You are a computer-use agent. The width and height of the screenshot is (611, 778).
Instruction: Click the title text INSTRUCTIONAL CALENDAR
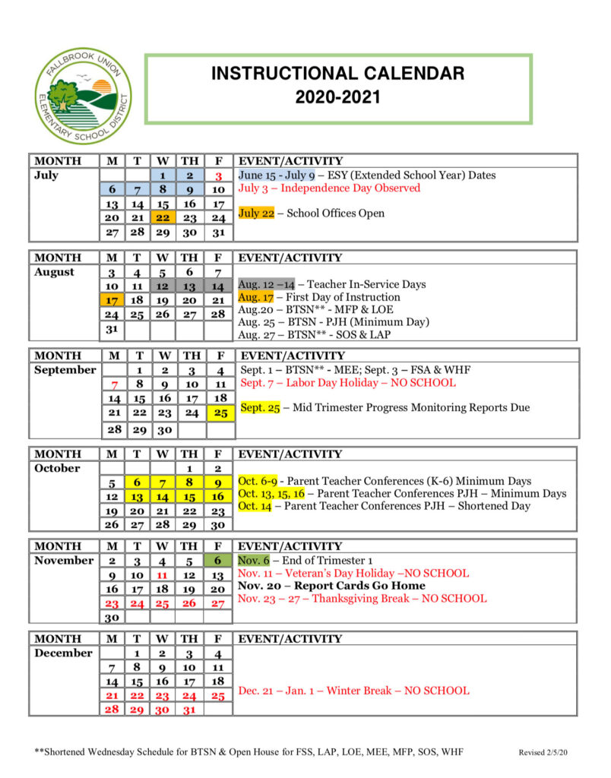[x=337, y=74]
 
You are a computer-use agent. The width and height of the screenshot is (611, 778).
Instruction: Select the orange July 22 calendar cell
[x=163, y=217]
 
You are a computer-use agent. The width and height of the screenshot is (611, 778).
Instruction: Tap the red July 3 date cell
[x=217, y=176]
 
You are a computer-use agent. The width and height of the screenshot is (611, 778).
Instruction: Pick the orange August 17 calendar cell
[x=112, y=300]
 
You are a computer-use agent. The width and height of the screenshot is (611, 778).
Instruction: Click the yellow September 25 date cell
[x=220, y=413]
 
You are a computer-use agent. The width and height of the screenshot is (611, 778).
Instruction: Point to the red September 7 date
[x=114, y=384]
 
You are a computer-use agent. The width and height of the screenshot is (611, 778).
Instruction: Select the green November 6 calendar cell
[x=217, y=561]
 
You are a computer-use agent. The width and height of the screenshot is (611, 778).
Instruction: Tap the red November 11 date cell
[x=163, y=574]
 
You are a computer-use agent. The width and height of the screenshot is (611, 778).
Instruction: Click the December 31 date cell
[x=190, y=709]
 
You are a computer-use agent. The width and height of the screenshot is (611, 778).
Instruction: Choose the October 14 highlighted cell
[x=163, y=496]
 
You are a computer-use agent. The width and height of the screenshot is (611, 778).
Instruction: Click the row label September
[x=65, y=370]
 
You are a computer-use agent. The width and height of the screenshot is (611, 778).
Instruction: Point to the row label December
[x=64, y=653]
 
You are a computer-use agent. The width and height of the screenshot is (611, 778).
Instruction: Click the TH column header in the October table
[x=190, y=454]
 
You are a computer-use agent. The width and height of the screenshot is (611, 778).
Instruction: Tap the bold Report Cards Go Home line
[x=331, y=586]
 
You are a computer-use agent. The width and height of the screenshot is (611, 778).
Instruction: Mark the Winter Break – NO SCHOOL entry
[x=353, y=691]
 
